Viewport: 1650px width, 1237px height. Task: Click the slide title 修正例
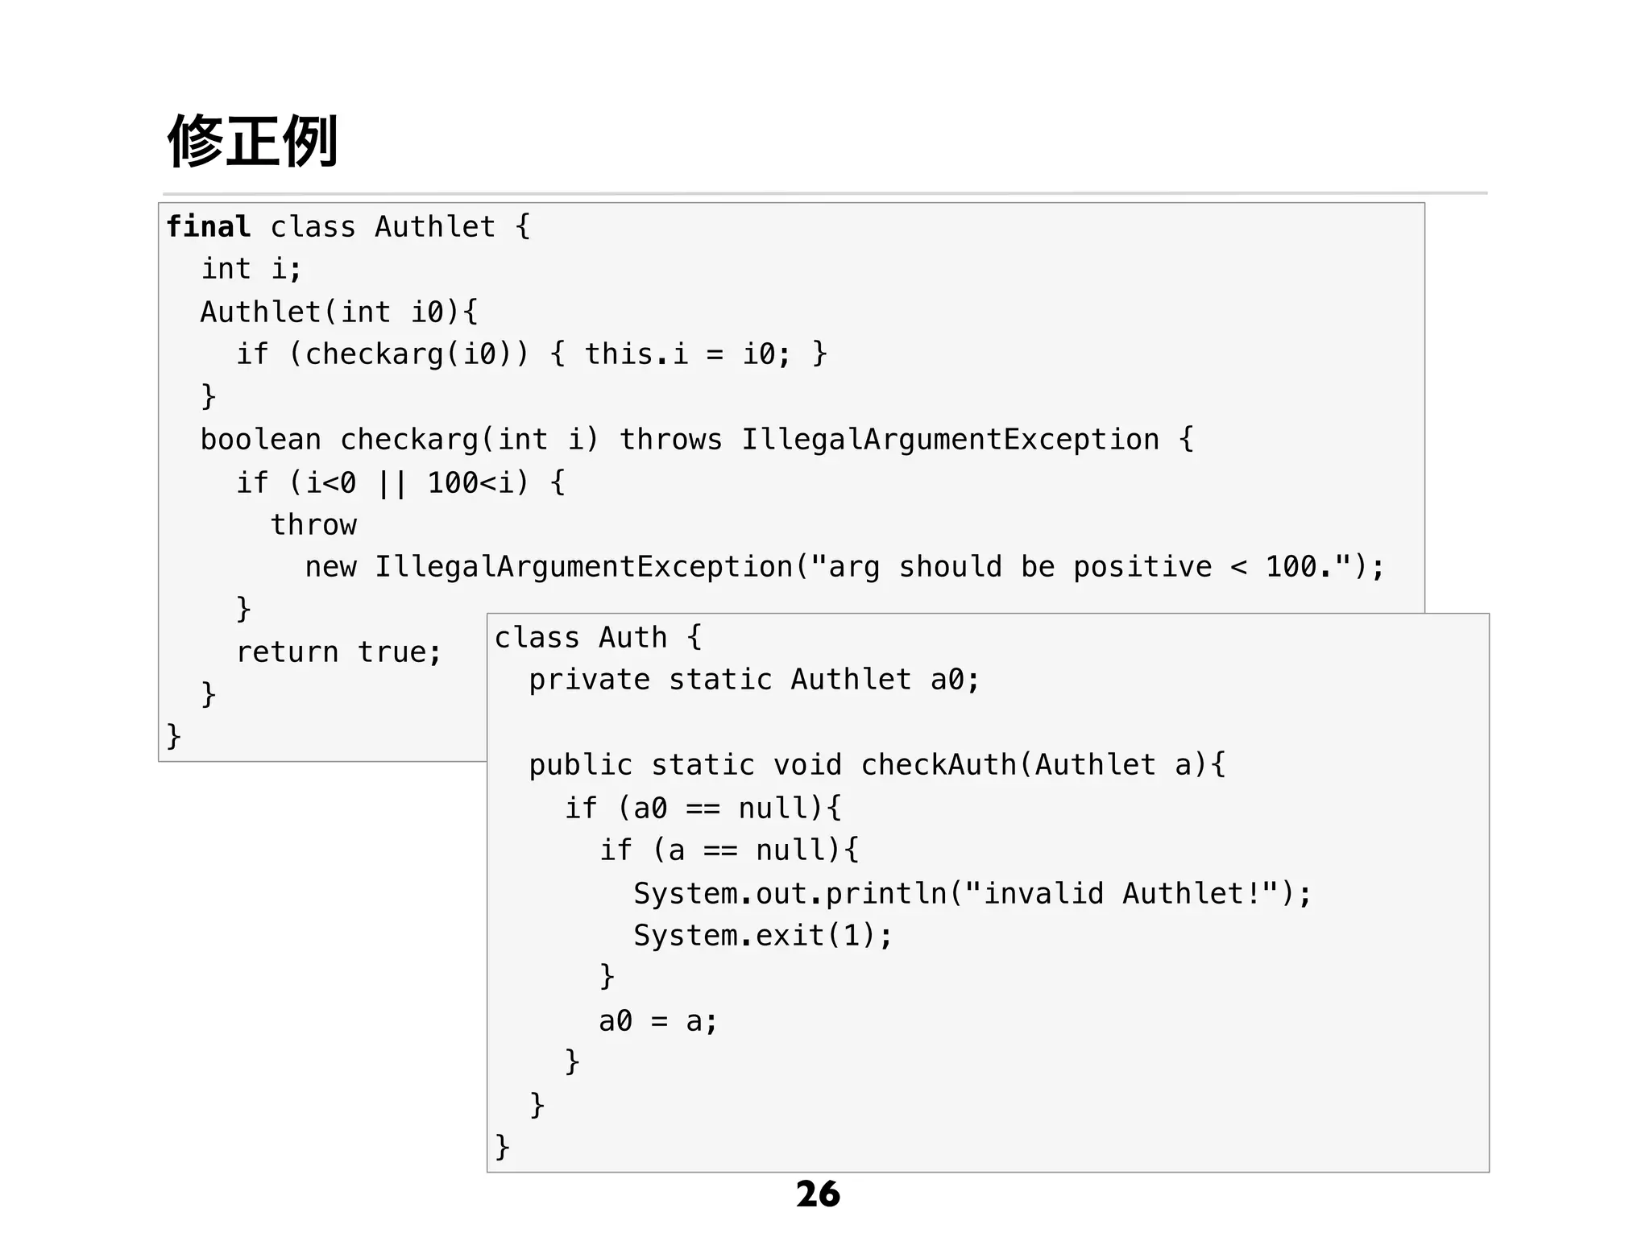coord(252,142)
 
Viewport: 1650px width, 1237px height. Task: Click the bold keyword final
coord(208,227)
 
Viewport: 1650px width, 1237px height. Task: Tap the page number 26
coord(818,1194)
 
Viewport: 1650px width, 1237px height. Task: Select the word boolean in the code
coord(260,440)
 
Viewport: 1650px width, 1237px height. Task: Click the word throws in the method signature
coord(670,440)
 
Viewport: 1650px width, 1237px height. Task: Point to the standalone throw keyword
coord(313,525)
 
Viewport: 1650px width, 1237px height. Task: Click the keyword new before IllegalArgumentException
coord(330,567)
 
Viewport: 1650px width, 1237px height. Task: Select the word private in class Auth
coord(589,680)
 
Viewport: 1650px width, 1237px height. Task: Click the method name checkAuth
coord(939,765)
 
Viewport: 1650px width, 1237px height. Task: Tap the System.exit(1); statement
coord(763,936)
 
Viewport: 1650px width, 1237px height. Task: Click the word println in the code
coord(886,893)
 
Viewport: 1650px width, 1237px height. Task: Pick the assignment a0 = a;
coord(657,1021)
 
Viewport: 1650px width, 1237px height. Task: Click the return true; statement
coord(338,652)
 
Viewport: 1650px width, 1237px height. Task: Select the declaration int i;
coord(251,269)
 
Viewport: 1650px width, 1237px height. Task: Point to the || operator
coord(392,483)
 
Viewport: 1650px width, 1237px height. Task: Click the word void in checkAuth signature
coord(807,765)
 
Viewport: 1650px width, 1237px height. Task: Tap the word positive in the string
coord(1142,567)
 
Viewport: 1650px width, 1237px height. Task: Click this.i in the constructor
coord(636,354)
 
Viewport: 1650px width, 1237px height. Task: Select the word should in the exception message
coord(950,567)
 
